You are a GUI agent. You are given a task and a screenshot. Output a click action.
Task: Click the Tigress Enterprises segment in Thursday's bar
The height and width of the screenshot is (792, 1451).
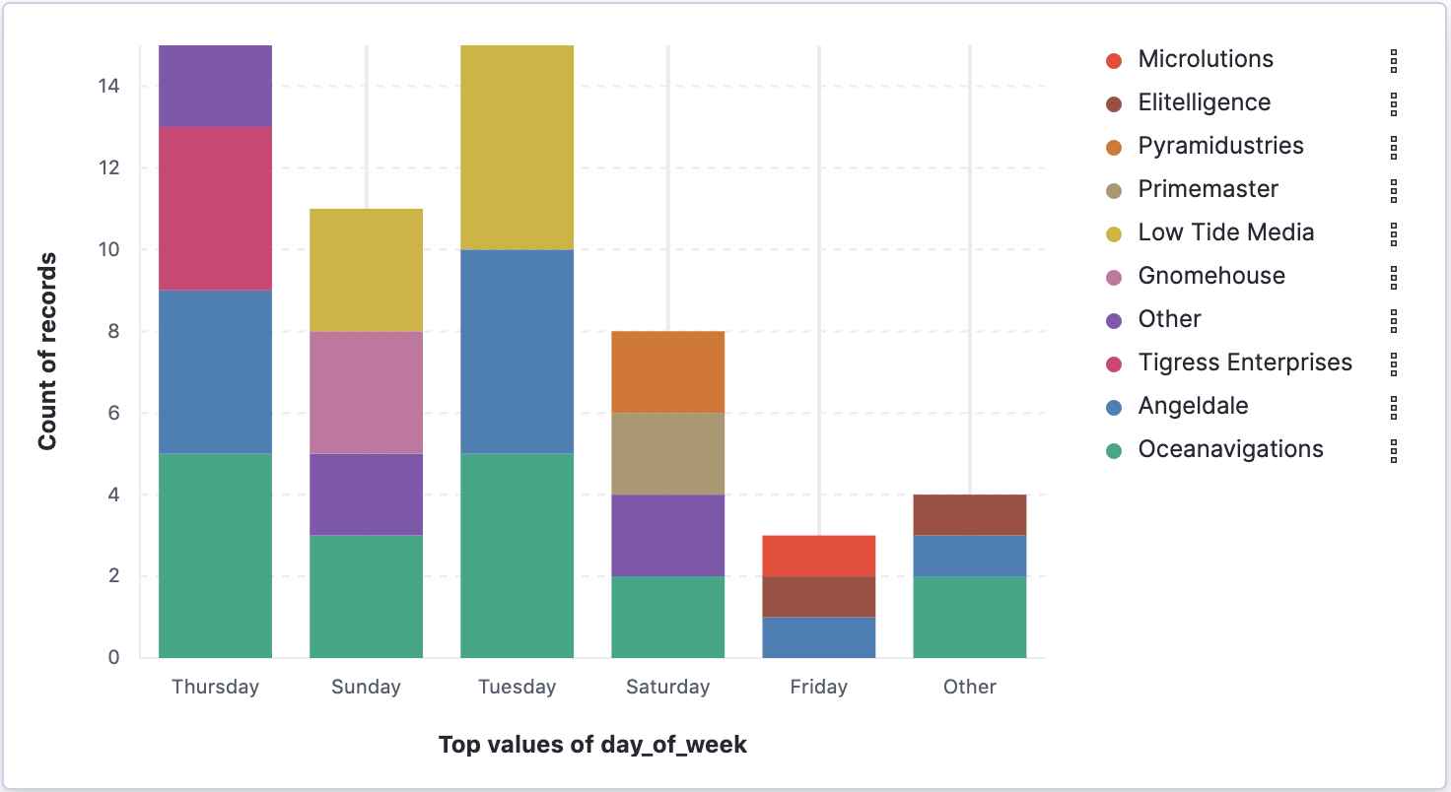(215, 209)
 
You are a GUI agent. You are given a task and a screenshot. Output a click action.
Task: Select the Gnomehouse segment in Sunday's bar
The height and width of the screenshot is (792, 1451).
(366, 392)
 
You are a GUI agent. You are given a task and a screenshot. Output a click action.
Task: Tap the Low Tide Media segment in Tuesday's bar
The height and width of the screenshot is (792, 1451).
(517, 148)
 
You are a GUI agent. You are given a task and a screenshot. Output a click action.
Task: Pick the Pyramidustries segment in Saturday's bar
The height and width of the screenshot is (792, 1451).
(667, 371)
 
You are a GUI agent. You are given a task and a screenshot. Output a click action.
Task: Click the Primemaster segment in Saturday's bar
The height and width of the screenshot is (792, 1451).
(667, 453)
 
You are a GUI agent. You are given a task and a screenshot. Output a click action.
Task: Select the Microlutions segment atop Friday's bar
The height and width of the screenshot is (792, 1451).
(818, 556)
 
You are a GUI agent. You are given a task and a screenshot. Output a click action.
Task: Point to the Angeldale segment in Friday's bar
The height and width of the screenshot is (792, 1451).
(818, 637)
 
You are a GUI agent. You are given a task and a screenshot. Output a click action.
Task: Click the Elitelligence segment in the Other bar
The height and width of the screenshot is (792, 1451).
(969, 515)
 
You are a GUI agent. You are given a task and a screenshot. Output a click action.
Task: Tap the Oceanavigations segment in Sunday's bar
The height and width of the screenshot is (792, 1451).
(366, 596)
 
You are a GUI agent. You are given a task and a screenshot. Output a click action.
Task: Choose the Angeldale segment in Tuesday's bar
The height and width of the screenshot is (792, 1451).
(517, 352)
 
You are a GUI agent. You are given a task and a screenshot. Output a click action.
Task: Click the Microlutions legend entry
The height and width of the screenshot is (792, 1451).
(1205, 59)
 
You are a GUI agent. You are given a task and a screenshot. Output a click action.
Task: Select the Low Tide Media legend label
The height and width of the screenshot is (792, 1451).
(1225, 232)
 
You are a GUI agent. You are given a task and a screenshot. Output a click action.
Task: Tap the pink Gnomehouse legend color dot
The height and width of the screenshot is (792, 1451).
(1114, 277)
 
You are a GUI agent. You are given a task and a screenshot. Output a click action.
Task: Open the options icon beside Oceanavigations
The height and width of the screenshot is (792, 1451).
(1394, 451)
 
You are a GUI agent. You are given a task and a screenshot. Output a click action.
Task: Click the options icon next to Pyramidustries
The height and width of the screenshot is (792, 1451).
(1394, 147)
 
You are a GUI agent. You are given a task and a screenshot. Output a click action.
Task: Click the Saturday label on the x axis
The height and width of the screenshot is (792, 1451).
(667, 688)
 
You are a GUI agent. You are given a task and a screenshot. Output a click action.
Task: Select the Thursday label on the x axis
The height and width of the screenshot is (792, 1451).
(215, 688)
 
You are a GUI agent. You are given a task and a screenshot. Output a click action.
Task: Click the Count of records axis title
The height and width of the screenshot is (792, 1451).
(47, 352)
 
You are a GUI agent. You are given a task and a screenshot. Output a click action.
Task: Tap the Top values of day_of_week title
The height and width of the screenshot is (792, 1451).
(592, 745)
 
